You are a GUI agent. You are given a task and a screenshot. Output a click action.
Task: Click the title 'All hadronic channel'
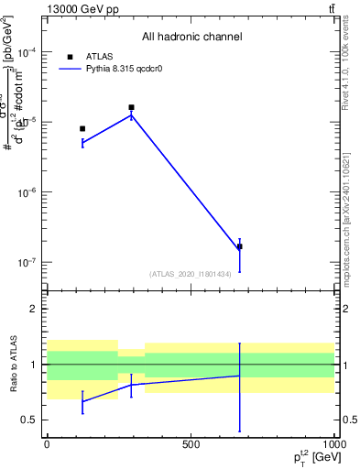pyautogui.click(x=191, y=38)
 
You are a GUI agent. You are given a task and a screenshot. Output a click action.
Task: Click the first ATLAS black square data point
pyautogui.click(x=82, y=129)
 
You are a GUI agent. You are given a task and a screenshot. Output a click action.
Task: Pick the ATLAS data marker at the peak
pyautogui.click(x=132, y=107)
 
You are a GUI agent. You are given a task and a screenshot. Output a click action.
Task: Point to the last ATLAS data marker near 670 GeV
pyautogui.click(x=240, y=246)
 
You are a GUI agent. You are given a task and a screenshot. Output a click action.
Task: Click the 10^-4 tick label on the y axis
pyautogui.click(x=26, y=53)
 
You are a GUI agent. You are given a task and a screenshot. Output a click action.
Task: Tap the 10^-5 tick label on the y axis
pyautogui.click(x=26, y=123)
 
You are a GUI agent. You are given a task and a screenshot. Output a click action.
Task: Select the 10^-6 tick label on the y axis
pyautogui.click(x=26, y=192)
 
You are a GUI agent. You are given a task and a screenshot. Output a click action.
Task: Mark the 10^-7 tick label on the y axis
pyautogui.click(x=26, y=262)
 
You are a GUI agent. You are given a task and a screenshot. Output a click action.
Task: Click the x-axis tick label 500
pyautogui.click(x=191, y=444)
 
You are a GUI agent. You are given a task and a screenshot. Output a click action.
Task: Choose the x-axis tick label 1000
pyautogui.click(x=333, y=444)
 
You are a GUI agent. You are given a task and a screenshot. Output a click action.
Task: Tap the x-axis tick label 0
pyautogui.click(x=47, y=444)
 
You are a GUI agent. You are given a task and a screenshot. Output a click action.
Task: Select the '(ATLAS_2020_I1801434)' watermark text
pyautogui.click(x=191, y=273)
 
